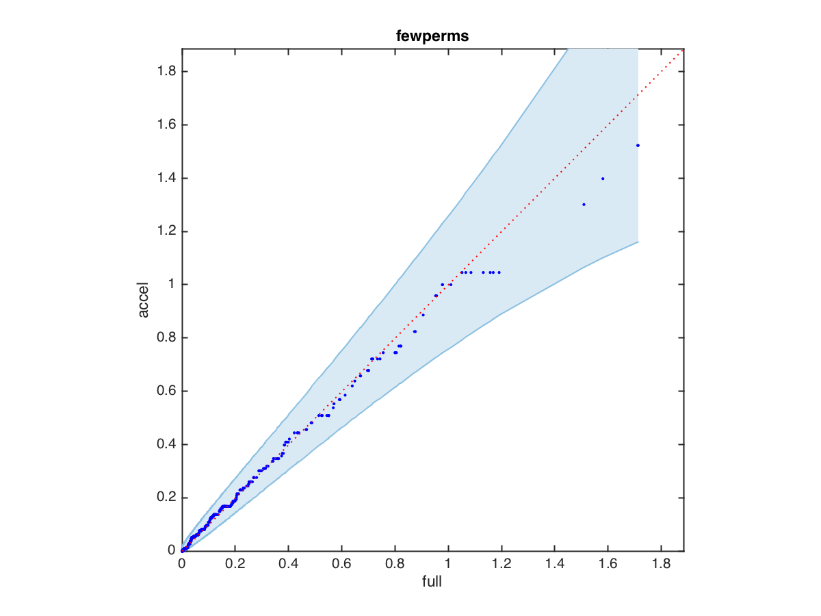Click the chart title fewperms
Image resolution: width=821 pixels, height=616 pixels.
432,38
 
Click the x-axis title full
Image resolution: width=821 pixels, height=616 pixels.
432,582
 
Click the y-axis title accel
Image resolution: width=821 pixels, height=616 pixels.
144,300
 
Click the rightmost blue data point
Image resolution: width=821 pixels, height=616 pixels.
638,145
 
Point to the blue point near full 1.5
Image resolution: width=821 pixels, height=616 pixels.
584,205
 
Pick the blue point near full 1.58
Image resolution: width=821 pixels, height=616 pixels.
603,179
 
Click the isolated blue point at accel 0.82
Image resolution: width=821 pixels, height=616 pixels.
415,331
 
